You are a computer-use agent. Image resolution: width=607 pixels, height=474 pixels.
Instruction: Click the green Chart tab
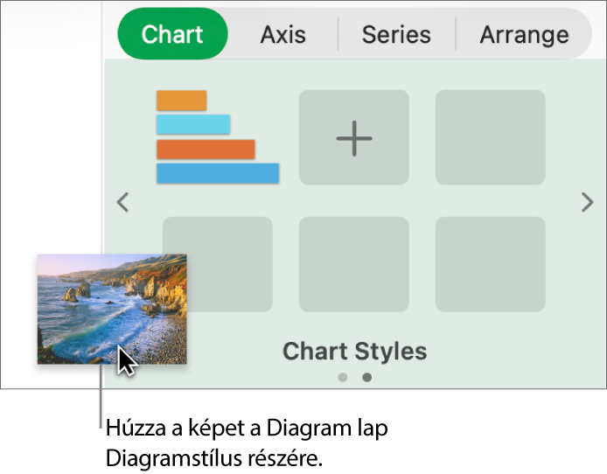coord(172,34)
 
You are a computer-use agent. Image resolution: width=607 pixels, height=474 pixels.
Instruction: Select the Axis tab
coord(283,35)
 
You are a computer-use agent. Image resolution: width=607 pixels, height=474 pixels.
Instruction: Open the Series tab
coord(396,35)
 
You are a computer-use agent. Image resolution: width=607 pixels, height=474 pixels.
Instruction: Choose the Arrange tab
coord(524,35)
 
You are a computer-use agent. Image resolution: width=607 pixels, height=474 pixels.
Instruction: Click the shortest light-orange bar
coord(181,101)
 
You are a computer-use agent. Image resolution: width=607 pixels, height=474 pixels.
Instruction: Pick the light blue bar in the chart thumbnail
coord(193,124)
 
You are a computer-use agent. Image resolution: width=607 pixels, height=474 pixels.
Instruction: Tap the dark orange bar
coord(206,149)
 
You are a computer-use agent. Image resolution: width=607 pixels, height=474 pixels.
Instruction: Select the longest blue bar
coord(218,173)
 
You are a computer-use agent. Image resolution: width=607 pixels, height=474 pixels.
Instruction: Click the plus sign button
coord(354,137)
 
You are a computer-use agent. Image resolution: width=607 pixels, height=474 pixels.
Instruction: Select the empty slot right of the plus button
coord(490,137)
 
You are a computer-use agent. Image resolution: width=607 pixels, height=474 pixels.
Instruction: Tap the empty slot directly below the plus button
coord(354,264)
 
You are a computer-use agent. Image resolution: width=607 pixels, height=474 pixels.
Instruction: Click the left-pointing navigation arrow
coord(123,203)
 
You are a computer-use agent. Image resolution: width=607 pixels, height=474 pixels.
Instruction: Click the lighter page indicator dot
coord(343,378)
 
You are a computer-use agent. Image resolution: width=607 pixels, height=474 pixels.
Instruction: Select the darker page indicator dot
coord(367,378)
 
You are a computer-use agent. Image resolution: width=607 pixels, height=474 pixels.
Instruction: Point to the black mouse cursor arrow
coord(126,359)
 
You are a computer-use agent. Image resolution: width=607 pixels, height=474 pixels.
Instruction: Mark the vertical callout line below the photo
coord(101,398)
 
